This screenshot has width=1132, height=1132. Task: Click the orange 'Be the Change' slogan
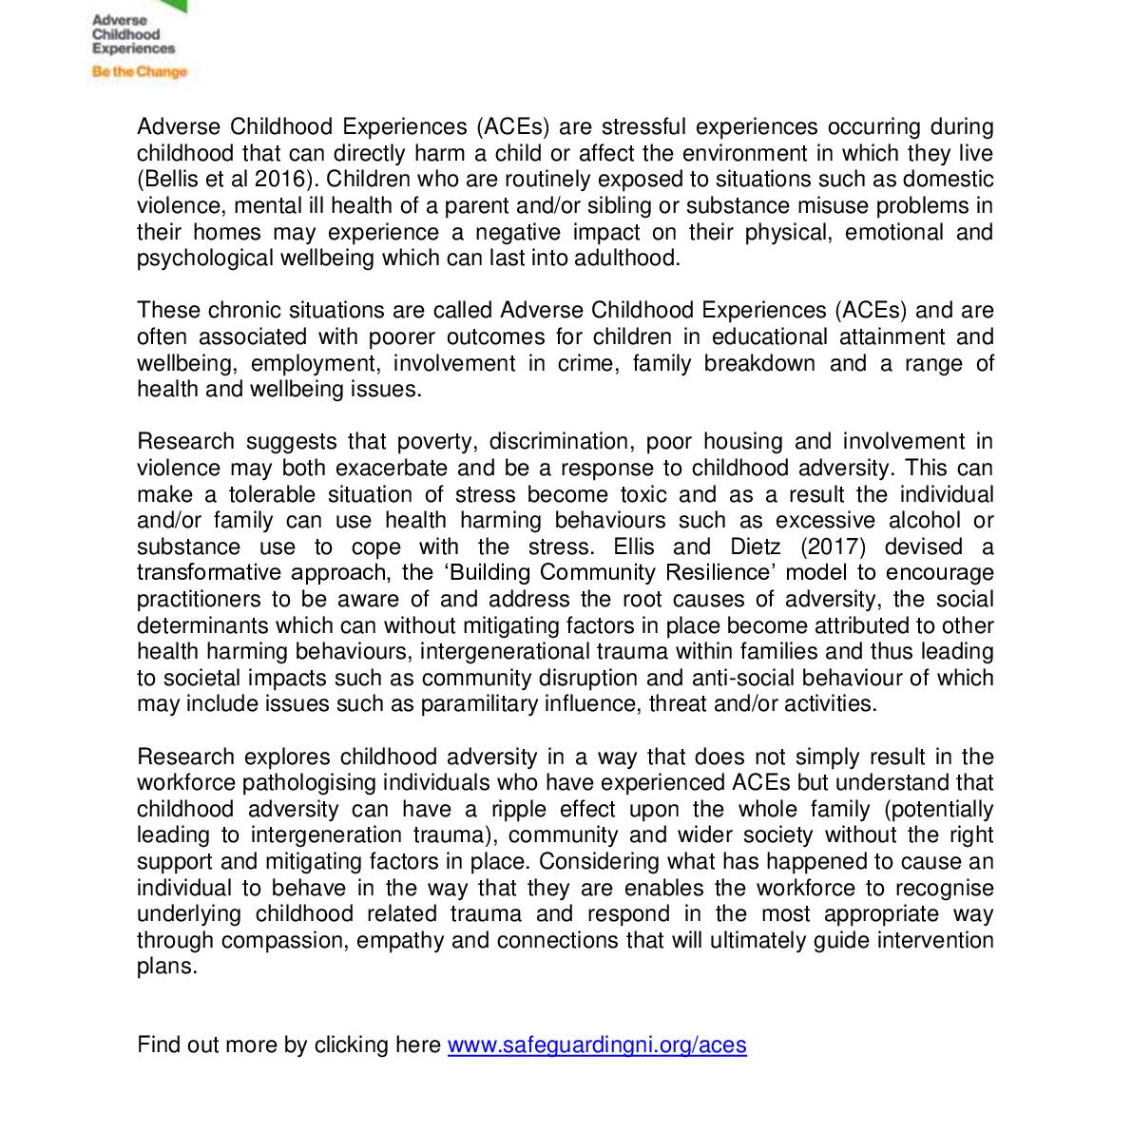point(139,71)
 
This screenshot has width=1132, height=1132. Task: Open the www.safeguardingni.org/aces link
point(596,1045)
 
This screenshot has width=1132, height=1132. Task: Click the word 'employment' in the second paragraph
point(314,363)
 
